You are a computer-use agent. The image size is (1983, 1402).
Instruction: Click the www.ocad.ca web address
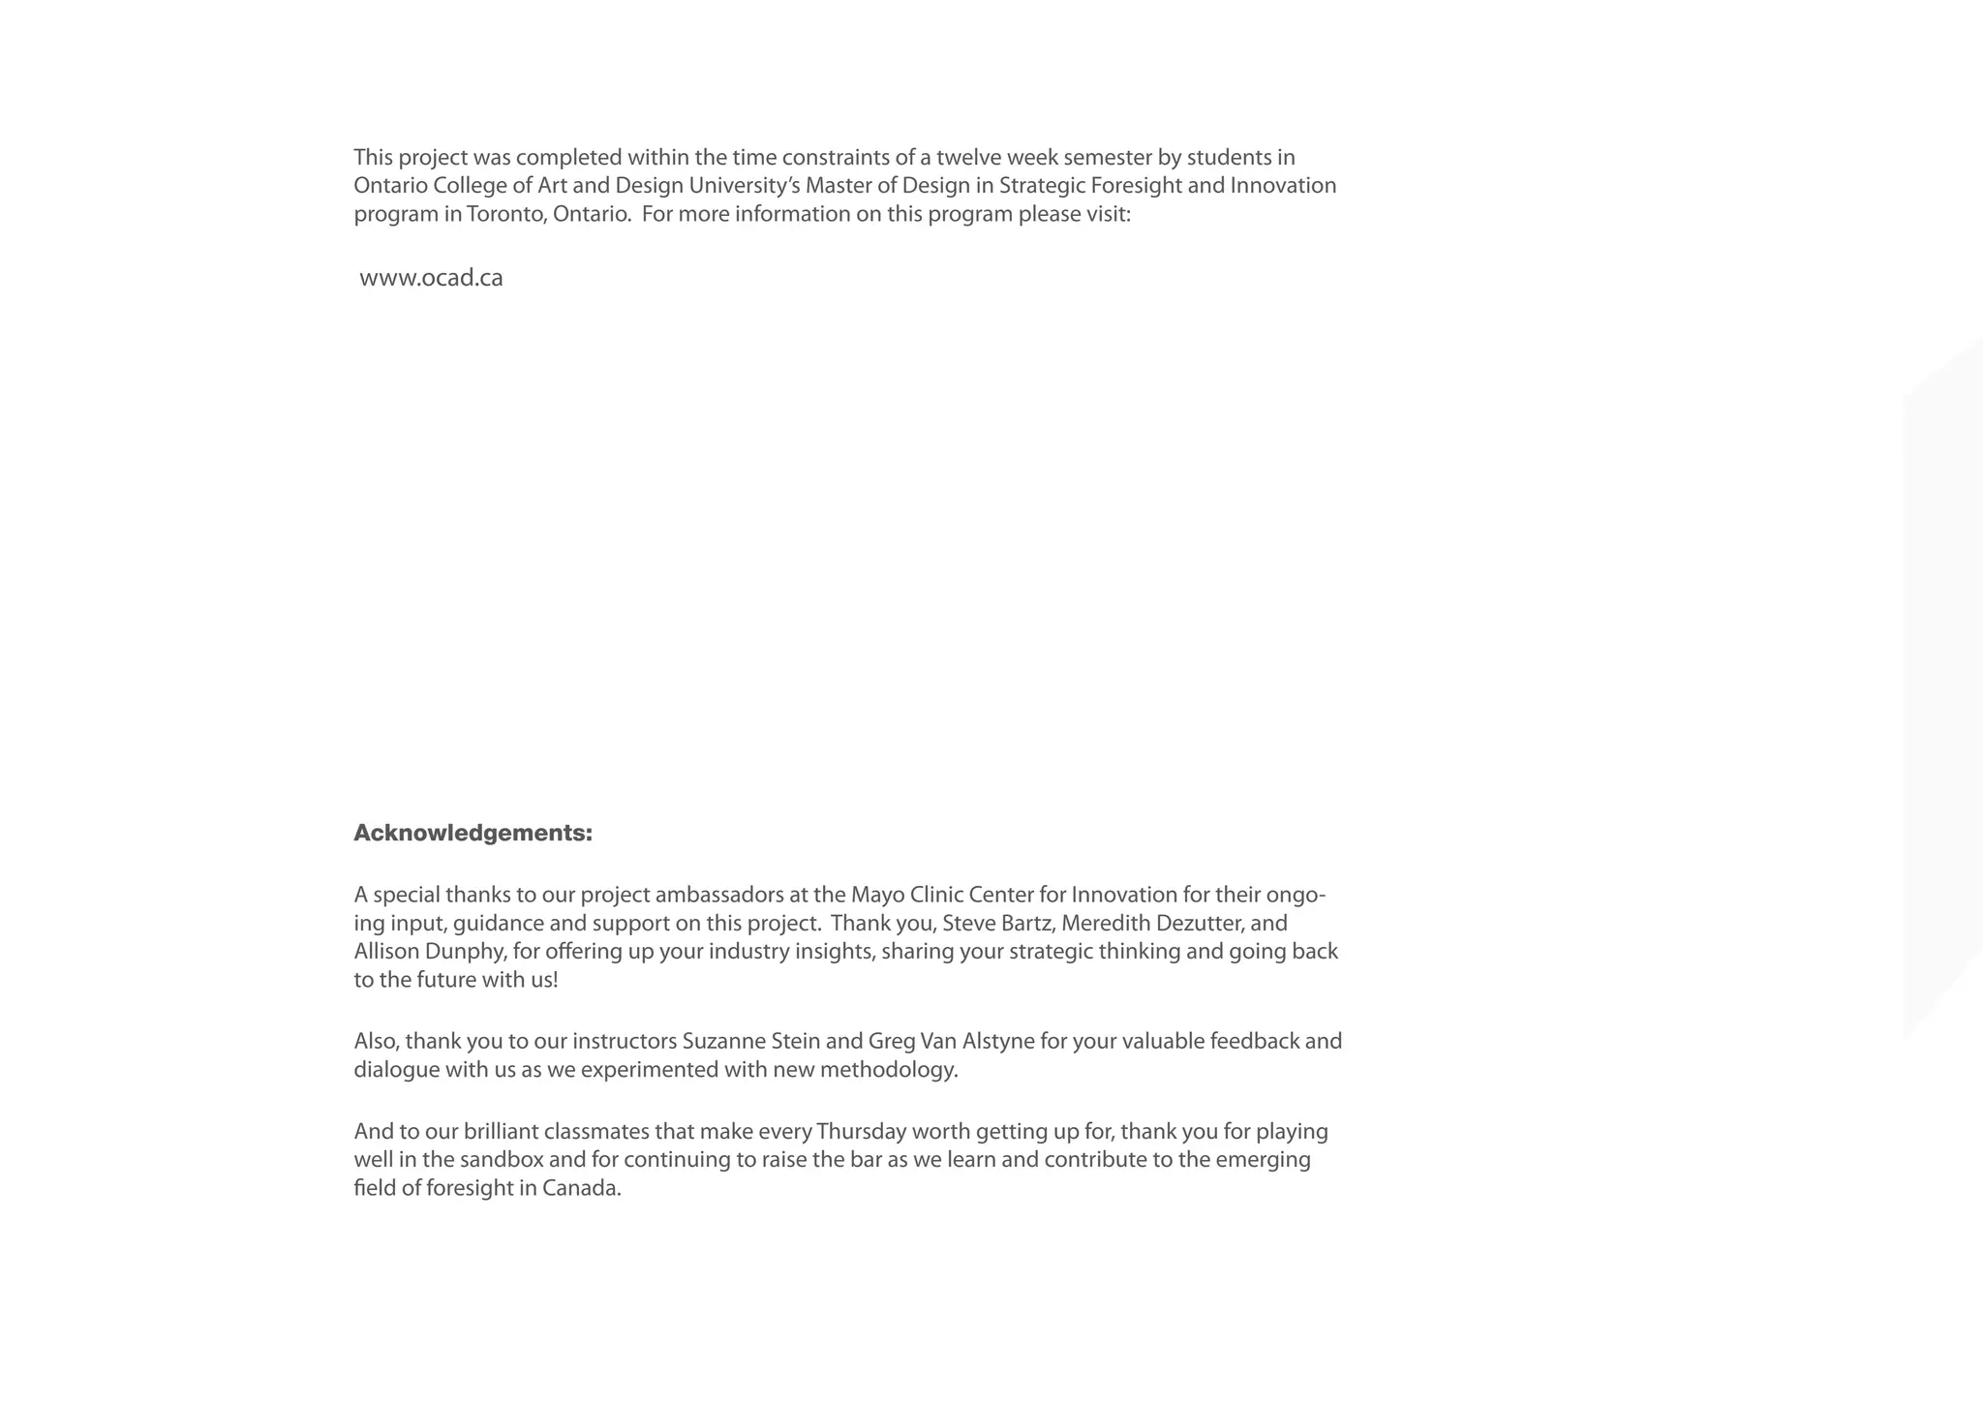pyautogui.click(x=431, y=278)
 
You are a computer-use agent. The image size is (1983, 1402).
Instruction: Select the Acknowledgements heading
pyautogui.click(x=473, y=833)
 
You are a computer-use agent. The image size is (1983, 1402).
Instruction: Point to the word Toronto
pyautogui.click(x=506, y=214)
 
